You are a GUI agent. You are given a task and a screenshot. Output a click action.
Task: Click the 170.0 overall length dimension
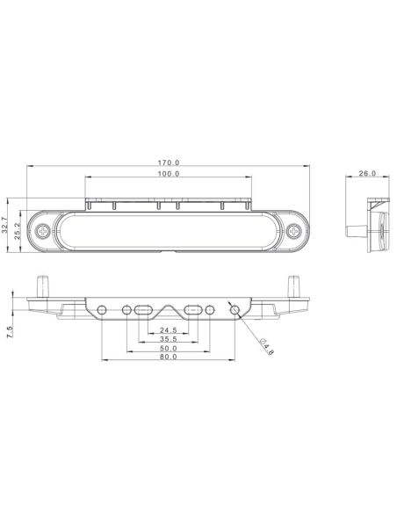click(169, 163)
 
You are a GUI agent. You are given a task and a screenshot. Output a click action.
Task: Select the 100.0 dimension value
click(169, 174)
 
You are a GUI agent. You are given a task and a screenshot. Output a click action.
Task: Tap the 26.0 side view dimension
click(367, 173)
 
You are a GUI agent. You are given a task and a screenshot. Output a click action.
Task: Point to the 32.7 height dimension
click(5, 225)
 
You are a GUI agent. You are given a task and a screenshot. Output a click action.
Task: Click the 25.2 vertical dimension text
click(18, 231)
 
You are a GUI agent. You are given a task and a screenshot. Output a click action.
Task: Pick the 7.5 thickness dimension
click(11, 332)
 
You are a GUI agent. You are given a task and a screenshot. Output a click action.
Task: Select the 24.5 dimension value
click(169, 330)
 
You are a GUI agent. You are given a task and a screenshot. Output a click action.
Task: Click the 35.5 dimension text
click(169, 339)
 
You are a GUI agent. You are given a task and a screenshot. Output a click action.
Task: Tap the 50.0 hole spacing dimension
click(169, 348)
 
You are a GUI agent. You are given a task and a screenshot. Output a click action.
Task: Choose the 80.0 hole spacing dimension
click(169, 357)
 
